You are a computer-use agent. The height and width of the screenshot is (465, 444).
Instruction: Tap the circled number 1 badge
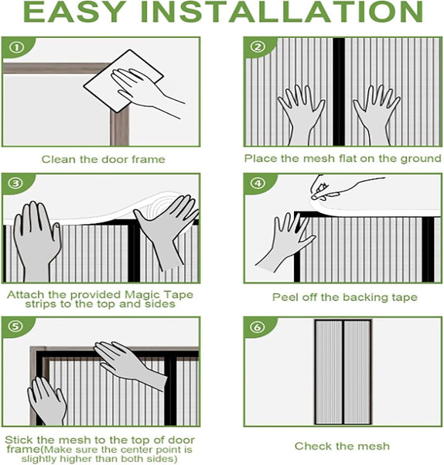coord(16,47)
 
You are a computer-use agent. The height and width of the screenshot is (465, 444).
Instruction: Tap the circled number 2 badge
coord(258,47)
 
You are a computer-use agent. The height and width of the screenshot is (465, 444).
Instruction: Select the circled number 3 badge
coord(16,183)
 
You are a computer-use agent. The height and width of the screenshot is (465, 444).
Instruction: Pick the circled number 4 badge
coord(258,183)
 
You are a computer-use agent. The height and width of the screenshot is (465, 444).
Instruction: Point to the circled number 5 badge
coord(16,326)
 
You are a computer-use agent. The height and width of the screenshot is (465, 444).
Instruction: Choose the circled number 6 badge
coord(258,326)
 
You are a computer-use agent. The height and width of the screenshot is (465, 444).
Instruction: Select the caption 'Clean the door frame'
coord(103,160)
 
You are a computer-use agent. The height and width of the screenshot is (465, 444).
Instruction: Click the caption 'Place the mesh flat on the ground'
coord(342,159)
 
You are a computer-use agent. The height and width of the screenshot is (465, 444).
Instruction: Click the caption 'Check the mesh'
coord(342,446)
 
